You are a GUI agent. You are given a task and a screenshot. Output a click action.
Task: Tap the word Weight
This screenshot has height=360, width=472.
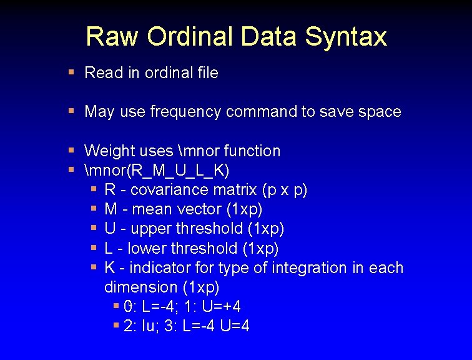pos(108,151)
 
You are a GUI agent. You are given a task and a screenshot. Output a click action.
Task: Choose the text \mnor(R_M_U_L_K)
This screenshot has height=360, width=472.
pos(157,170)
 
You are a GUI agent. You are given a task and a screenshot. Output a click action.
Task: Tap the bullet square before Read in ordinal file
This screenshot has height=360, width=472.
pos(71,72)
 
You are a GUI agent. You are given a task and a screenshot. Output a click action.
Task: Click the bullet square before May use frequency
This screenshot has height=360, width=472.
pos(71,111)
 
